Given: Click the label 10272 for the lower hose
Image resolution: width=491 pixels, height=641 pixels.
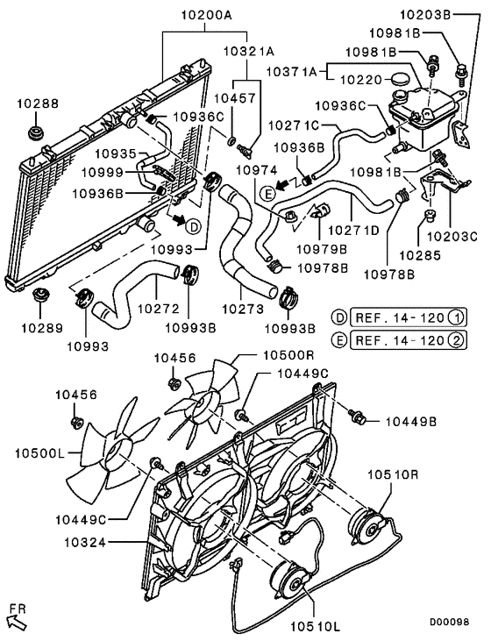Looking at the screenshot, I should pos(158,309).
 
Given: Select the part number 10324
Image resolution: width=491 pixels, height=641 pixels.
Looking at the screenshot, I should pos(83,543).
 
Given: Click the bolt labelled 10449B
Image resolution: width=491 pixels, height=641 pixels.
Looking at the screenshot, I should pos(360,412).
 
